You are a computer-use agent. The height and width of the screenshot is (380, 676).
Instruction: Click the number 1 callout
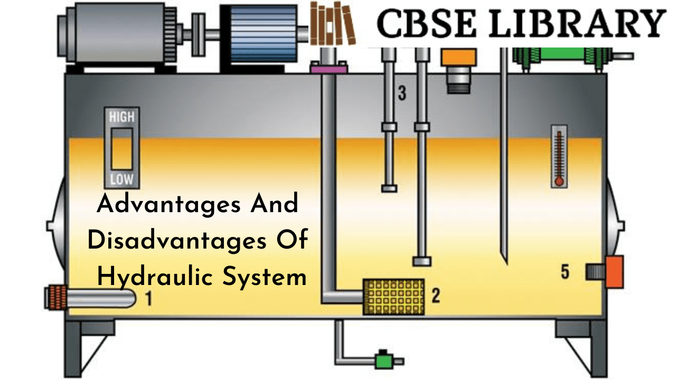coord(148,299)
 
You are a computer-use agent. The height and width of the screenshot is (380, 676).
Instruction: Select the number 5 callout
coord(565,272)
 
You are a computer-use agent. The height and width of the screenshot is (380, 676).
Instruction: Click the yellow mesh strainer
coord(393,297)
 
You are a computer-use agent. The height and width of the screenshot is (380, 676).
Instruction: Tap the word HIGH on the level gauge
coord(121,117)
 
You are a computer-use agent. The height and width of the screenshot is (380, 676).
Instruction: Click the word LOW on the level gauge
coord(121,179)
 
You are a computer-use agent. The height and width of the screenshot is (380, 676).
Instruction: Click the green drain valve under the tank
coord(381,360)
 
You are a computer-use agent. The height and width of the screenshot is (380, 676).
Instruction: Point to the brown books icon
coord(332,23)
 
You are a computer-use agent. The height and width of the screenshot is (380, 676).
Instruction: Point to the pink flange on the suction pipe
coord(328,68)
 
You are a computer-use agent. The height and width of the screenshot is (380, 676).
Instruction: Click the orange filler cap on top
coord(458,57)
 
